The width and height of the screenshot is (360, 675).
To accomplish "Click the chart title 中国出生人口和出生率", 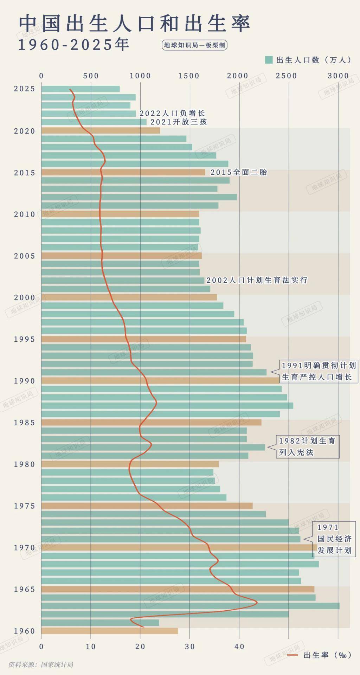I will coord(134,24).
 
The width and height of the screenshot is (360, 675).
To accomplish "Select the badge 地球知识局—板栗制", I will coord(194,45).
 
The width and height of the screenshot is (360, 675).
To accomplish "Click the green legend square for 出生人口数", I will coord(269,60).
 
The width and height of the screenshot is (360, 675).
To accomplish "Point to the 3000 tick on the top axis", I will coord(338,76).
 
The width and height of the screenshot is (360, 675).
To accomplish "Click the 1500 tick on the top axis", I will coord(189,76).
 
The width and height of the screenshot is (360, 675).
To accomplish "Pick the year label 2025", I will coord(25,89).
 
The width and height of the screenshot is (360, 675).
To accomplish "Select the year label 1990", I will coord(25,381).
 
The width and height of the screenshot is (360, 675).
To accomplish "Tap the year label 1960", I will coord(25,631).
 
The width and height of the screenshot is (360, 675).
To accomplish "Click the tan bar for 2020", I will coord(101,131).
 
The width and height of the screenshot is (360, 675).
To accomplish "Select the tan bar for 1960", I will coord(109,631).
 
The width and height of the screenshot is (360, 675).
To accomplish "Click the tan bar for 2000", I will coord(129,297).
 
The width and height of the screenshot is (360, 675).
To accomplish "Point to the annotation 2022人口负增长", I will coord(172,113).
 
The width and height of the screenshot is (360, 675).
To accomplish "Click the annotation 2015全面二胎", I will coord(239,172).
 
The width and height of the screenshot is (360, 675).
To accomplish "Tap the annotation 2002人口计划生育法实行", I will coord(257,280).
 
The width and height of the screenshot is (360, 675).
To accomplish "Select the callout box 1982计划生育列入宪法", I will coord(307,446).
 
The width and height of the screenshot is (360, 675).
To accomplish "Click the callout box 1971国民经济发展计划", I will coord(334,539).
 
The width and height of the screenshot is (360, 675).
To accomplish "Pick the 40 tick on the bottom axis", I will coord(239,646).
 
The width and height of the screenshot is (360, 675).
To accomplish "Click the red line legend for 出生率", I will coord(292,655).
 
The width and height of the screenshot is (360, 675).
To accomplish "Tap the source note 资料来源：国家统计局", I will coord(41,664).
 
